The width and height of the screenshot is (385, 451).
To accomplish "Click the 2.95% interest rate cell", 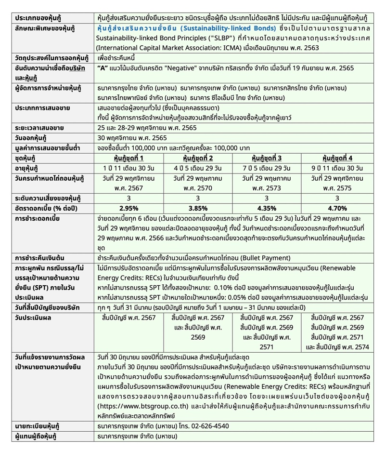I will coord(129,208).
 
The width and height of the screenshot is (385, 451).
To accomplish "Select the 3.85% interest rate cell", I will coord(197,208).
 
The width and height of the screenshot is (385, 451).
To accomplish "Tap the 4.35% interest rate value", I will coord(266,208).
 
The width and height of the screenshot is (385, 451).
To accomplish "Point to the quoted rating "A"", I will coord(102,68).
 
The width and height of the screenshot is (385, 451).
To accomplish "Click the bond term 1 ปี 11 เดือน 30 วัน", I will coord(129,168).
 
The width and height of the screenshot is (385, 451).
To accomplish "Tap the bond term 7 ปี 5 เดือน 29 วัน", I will coord(266,168).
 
